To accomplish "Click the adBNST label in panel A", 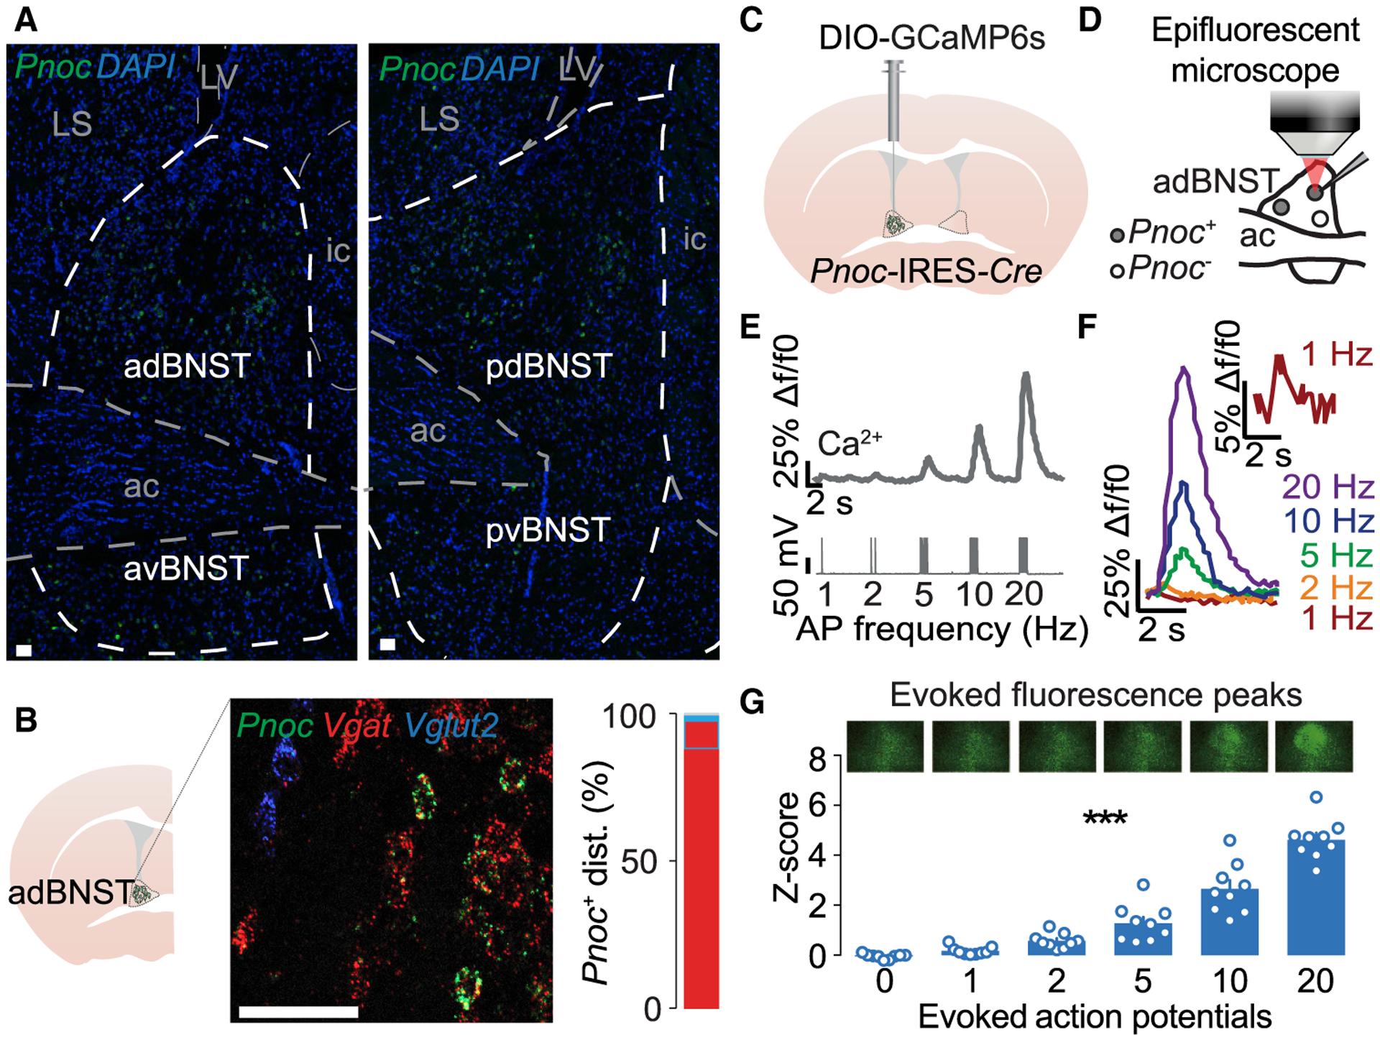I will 187,367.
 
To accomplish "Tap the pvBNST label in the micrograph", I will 548,531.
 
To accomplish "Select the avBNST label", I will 186,569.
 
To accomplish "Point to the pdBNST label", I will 549,367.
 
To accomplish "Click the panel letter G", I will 751,703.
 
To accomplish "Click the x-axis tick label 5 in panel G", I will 1143,981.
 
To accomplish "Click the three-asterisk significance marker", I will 1105,820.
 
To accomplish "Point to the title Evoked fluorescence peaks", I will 1095,696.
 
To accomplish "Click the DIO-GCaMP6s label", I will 931,37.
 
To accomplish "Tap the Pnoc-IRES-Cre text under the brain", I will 926,271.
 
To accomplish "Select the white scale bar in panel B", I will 298,1012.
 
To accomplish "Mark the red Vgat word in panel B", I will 356,727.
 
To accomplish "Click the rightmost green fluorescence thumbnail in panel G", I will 1313,747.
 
